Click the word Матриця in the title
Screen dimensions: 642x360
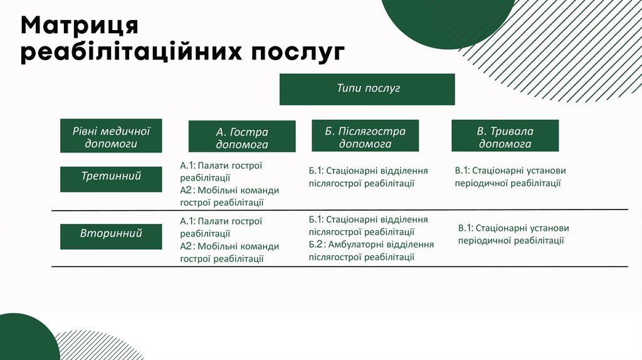click(x=79, y=26)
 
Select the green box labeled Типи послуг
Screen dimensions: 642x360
click(x=367, y=89)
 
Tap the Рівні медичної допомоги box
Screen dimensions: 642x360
click(x=111, y=136)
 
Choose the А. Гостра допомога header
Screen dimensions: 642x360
click(x=242, y=137)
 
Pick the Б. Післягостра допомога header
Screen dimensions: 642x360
click(x=365, y=137)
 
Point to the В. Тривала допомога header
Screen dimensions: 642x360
click(x=505, y=137)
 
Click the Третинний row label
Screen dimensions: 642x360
click(x=111, y=176)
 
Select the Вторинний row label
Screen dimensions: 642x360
click(x=111, y=233)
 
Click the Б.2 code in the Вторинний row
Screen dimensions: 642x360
click(x=316, y=245)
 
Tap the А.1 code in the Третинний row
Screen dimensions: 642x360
click(x=187, y=165)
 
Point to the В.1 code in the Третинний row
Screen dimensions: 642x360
click(x=463, y=171)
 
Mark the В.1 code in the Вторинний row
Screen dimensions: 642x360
click(x=466, y=228)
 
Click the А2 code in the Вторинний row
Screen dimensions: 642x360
click(x=186, y=246)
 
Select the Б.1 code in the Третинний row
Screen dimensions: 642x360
click(x=316, y=171)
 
